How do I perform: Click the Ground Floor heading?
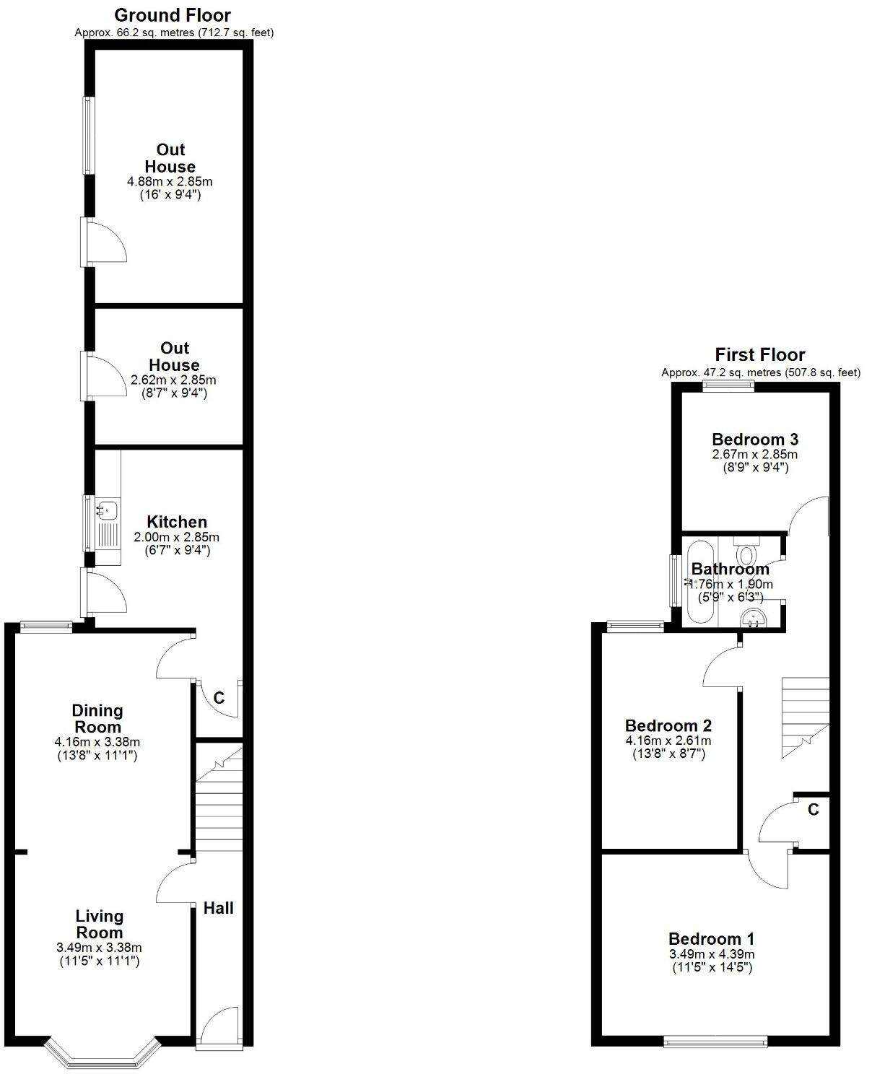coord(173,15)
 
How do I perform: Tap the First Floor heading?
coord(759,354)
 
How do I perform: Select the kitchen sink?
coord(105,510)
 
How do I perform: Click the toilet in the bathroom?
coord(746,554)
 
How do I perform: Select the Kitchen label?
coord(177,522)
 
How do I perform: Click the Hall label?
coord(218,908)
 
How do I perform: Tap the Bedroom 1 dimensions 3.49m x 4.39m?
coord(712,954)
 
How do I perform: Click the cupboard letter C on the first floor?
coord(813,810)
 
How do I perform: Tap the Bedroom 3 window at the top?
coord(728,386)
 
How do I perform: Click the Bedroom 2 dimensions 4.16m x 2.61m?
coord(668,741)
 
